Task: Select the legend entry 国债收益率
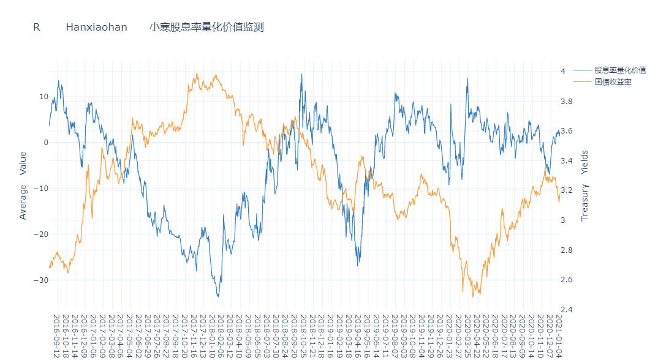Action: click(613, 81)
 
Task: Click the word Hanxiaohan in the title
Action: click(97, 27)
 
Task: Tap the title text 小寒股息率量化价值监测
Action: click(206, 27)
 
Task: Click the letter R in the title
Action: click(37, 27)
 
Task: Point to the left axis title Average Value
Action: click(23, 185)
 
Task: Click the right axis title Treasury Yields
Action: click(584, 185)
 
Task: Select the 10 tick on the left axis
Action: click(43, 97)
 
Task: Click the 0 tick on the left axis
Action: click(45, 143)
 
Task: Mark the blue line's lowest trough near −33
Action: click(218, 296)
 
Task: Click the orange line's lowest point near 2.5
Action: click(473, 296)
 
